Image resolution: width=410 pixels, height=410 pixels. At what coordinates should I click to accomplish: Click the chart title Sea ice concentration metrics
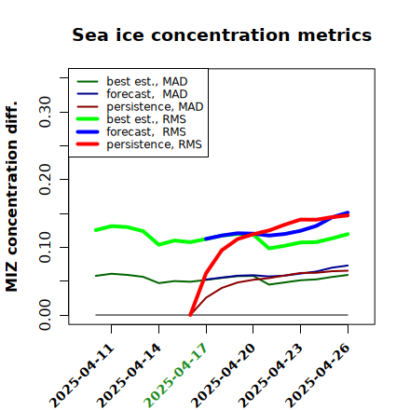click(x=222, y=34)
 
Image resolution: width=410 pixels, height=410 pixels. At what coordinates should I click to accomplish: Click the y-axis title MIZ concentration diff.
click(x=11, y=197)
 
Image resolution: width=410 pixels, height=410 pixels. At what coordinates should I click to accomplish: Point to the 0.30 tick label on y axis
click(x=45, y=112)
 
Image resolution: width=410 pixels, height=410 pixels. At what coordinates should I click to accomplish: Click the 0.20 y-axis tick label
click(x=45, y=179)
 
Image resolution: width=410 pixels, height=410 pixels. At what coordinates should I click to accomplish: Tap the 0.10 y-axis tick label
click(x=45, y=247)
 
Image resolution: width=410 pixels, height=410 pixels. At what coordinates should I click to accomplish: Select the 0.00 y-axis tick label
click(x=45, y=315)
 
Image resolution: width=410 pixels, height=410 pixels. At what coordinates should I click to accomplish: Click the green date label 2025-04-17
click(x=175, y=376)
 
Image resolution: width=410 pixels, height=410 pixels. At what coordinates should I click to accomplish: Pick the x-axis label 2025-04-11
click(x=82, y=376)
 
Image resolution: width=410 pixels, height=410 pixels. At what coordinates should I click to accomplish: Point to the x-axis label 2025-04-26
click(x=318, y=376)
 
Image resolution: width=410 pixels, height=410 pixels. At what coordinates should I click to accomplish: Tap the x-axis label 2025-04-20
click(x=223, y=376)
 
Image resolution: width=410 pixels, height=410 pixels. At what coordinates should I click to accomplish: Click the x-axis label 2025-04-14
click(x=129, y=376)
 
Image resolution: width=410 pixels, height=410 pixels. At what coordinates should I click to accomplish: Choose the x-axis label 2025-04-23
click(x=270, y=376)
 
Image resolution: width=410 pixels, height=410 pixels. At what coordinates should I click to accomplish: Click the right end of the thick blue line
click(x=348, y=212)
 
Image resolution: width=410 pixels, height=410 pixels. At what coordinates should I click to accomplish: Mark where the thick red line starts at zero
click(x=190, y=315)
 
